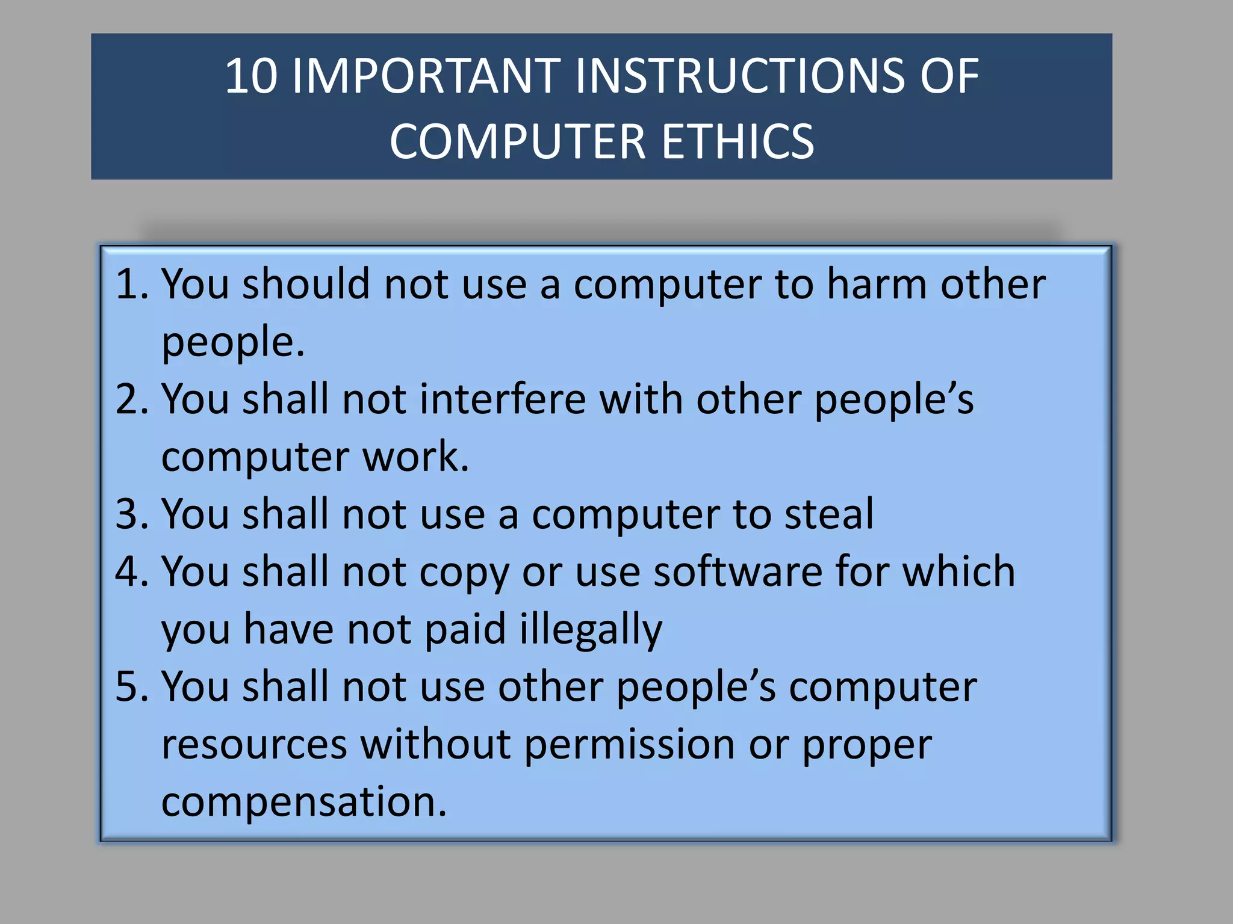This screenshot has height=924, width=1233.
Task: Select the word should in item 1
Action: coord(306,284)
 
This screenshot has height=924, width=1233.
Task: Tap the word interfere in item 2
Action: coord(502,399)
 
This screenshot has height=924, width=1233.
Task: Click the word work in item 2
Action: coord(415,456)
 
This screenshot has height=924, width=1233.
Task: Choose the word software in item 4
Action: coord(738,571)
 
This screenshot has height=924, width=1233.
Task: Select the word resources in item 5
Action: coord(254,745)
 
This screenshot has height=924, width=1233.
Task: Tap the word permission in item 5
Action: coord(630,745)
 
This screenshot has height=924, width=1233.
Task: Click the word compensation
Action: coord(304,802)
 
